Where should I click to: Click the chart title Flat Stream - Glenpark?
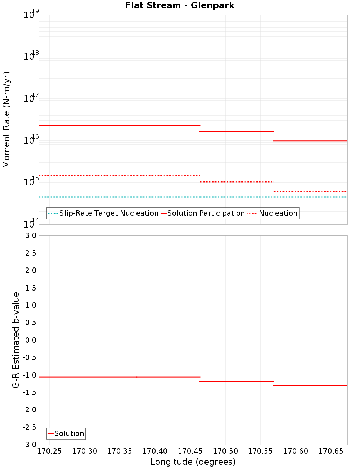[180, 5]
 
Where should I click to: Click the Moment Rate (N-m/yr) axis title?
[6, 120]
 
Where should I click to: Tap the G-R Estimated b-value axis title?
[16, 340]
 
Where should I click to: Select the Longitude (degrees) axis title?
[193, 462]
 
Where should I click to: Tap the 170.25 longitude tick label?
[49, 451]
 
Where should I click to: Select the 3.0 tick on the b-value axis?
[30, 235]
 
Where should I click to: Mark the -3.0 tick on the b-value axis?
[30, 445]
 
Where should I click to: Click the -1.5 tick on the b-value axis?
[30, 392]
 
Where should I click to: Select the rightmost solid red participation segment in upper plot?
[310, 141]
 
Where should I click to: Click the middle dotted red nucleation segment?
[237, 182]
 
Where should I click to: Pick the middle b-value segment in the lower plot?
[237, 381]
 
